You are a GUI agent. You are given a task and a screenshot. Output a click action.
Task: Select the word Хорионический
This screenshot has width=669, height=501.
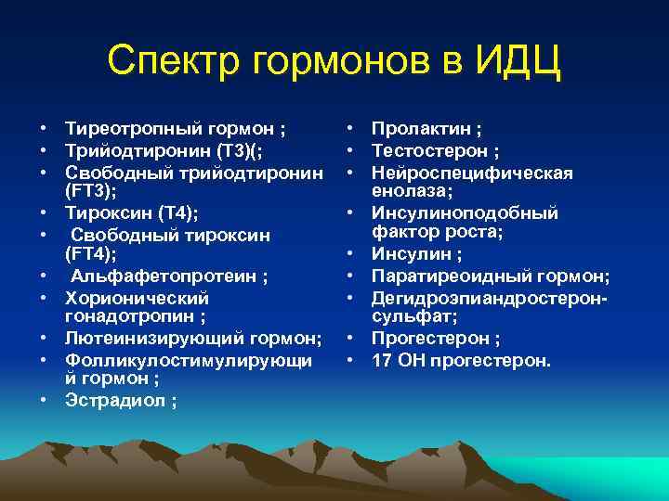pyautogui.click(x=137, y=299)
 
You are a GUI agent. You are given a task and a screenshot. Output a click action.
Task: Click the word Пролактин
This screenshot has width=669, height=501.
pyautogui.click(x=417, y=129)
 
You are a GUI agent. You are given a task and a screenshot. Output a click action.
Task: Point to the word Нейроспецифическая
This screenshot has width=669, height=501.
pyautogui.click(x=472, y=173)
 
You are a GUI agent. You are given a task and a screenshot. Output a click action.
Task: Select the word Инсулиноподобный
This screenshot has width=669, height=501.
pyautogui.click(x=465, y=213)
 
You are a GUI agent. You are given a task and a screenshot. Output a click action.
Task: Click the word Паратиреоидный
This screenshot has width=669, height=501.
pyautogui.click(x=444, y=276)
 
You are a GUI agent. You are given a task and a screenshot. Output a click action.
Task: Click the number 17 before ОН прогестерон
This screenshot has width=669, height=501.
pyautogui.click(x=381, y=359)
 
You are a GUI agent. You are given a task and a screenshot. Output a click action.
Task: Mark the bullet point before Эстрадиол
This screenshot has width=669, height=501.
pyautogui.click(x=44, y=400)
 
